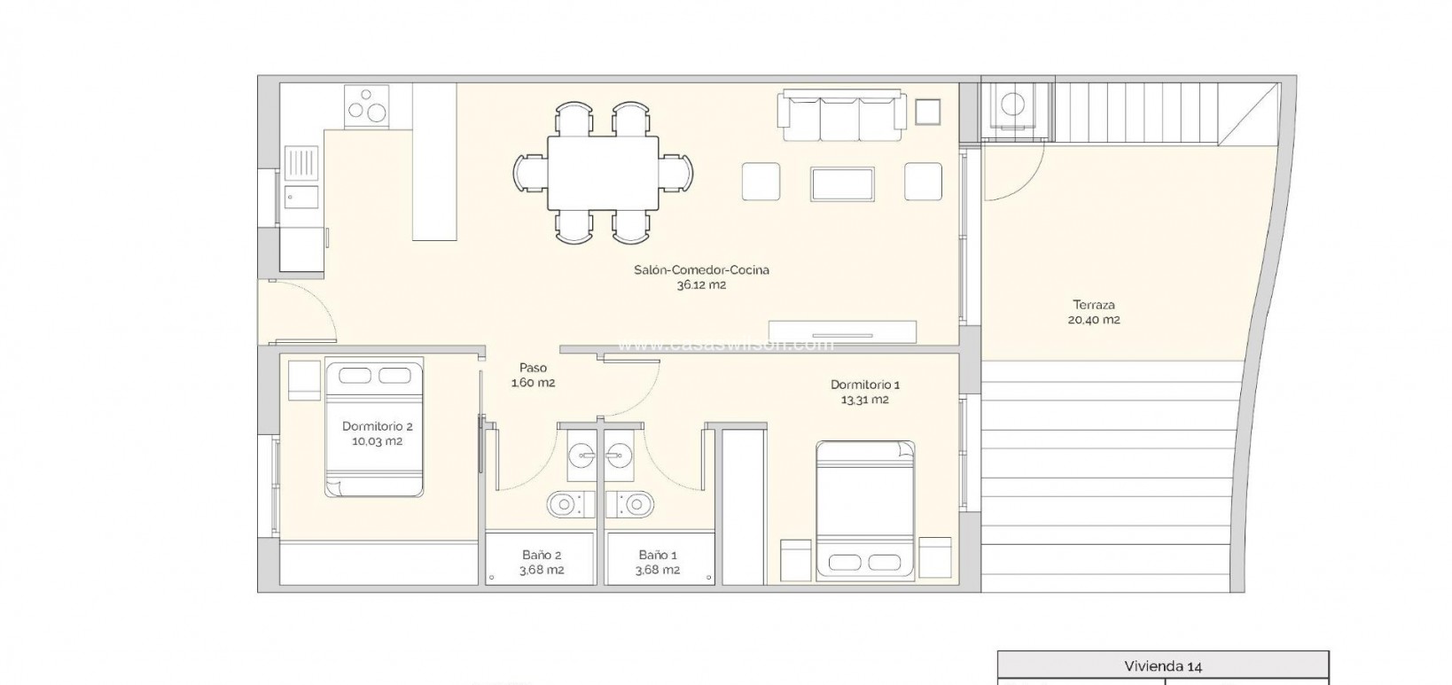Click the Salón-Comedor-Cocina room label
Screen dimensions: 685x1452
pos(701,269)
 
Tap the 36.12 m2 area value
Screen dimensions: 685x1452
pos(701,284)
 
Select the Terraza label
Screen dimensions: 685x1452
pos(1093,305)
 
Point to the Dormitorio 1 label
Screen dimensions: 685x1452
pos(864,385)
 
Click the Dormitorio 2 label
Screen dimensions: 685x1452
pos(378,426)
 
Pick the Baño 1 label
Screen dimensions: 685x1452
pos(658,556)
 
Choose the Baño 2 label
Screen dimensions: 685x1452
pos(541,556)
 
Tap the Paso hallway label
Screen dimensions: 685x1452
pos(533,368)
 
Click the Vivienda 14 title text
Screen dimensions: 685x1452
pos(1162,666)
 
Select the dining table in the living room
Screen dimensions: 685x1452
pos(603,173)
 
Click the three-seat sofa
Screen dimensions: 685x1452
pos(840,115)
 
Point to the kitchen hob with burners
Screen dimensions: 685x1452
pos(367,106)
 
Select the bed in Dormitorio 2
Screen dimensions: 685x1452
pos(374,427)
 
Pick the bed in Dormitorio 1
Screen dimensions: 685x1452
pos(864,510)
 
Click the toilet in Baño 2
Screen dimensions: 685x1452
pos(562,504)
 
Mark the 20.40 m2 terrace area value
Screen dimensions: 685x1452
pos(1093,320)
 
